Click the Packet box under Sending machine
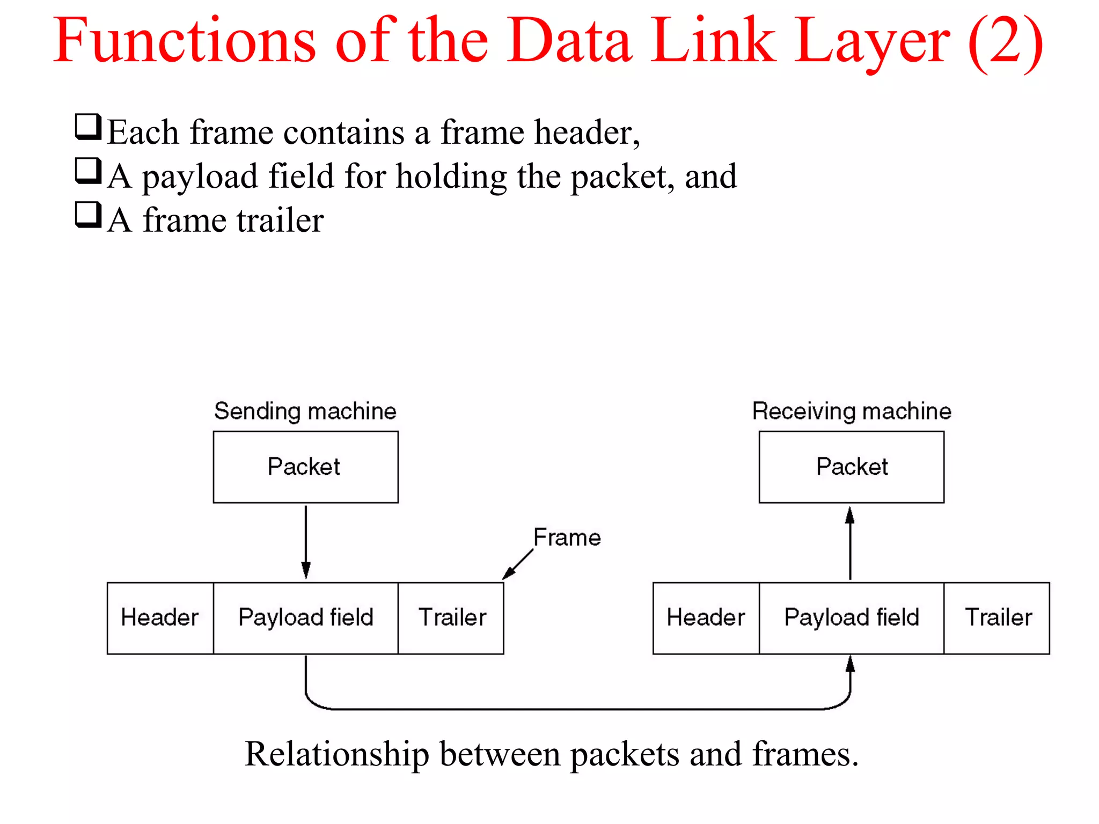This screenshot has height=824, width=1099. pyautogui.click(x=305, y=467)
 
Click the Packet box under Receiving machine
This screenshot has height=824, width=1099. pyautogui.click(x=851, y=467)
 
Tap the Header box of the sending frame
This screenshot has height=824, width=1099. pyautogui.click(x=160, y=618)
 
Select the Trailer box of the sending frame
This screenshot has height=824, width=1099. pyautogui.click(x=451, y=618)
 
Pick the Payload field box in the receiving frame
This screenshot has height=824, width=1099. pyautogui.click(x=851, y=618)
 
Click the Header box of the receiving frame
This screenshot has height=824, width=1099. pyautogui.click(x=706, y=618)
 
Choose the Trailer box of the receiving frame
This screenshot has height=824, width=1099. pyautogui.click(x=997, y=618)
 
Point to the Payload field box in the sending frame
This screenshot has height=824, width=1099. pyautogui.click(x=305, y=618)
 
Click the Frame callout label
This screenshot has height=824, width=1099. pyautogui.click(x=567, y=538)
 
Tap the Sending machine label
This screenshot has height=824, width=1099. pyautogui.click(x=305, y=411)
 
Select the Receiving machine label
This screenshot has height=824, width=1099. pyautogui.click(x=852, y=411)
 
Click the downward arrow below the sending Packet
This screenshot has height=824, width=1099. pyautogui.click(x=306, y=542)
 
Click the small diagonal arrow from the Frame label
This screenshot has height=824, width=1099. pyautogui.click(x=517, y=565)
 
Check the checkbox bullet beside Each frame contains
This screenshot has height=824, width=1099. pyautogui.click(x=87, y=127)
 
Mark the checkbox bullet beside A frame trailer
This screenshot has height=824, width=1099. pyautogui.click(x=87, y=215)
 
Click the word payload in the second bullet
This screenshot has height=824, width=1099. pyautogui.click(x=200, y=177)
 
